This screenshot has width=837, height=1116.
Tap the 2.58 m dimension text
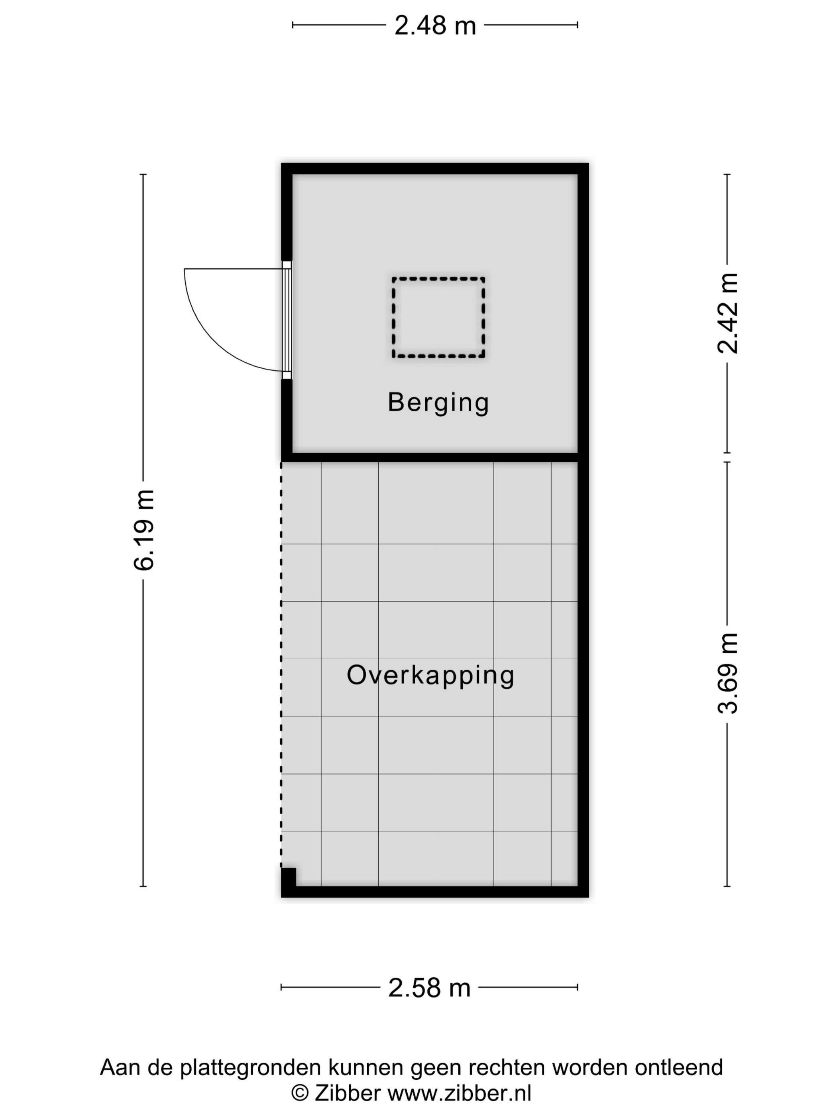point(429,988)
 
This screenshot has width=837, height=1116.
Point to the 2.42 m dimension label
point(727,313)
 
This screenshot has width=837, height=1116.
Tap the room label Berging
point(438,402)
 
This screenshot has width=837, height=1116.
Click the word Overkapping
point(430,675)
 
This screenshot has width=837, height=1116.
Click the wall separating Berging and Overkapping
point(434,458)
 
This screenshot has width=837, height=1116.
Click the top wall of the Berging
point(434,169)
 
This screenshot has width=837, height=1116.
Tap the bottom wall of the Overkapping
point(434,892)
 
